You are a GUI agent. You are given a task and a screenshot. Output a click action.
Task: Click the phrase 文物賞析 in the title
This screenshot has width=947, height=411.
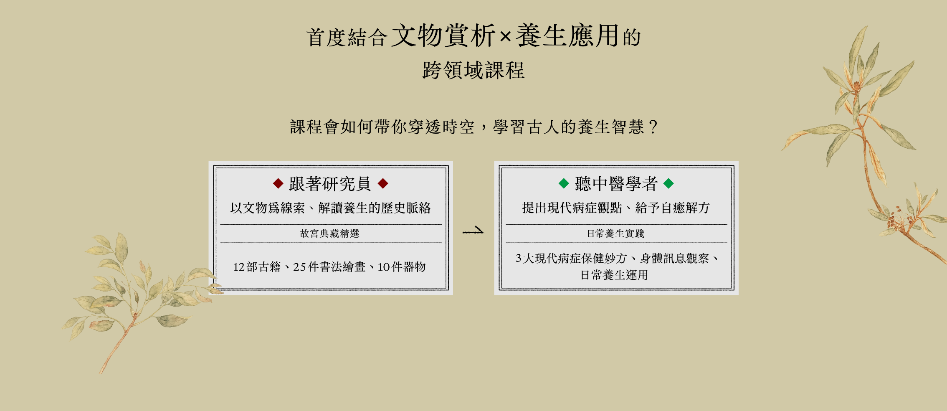click(x=443, y=36)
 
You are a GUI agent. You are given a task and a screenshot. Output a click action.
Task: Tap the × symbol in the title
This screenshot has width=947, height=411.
click(x=505, y=37)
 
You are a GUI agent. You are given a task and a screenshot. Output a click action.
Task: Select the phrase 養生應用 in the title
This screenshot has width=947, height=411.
click(x=567, y=36)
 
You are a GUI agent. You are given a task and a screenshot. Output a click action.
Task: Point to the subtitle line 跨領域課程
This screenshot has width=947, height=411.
click(x=473, y=70)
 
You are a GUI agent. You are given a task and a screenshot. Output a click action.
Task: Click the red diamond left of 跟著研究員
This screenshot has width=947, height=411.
click(x=278, y=183)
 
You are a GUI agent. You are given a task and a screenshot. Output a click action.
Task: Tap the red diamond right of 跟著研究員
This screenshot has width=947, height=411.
click(x=383, y=183)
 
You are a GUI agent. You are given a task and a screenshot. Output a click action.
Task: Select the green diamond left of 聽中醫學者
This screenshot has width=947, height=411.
click(x=564, y=183)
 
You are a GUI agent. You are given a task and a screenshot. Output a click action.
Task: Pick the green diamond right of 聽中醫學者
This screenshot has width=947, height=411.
click(x=668, y=183)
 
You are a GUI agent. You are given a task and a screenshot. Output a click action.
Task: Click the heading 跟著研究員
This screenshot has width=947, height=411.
click(x=330, y=184)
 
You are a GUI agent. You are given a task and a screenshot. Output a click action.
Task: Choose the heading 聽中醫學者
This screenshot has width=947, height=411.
click(x=616, y=184)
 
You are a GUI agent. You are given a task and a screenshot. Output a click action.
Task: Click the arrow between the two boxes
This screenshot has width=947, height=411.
click(x=473, y=231)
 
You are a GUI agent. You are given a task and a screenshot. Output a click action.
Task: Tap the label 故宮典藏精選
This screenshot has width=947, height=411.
click(x=330, y=233)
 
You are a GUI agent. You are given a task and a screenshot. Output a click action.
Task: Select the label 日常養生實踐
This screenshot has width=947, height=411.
click(x=616, y=233)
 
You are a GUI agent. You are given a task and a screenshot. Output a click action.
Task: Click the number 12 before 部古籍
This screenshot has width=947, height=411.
click(x=239, y=267)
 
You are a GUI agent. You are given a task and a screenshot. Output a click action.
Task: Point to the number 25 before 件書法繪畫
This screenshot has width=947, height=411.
click(x=299, y=267)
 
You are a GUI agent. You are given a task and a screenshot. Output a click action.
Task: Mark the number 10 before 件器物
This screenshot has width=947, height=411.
click(x=384, y=267)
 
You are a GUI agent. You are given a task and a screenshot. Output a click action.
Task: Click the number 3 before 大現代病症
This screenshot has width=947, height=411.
click(x=518, y=258)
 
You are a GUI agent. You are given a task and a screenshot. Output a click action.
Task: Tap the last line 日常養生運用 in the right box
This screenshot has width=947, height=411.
click(x=614, y=275)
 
